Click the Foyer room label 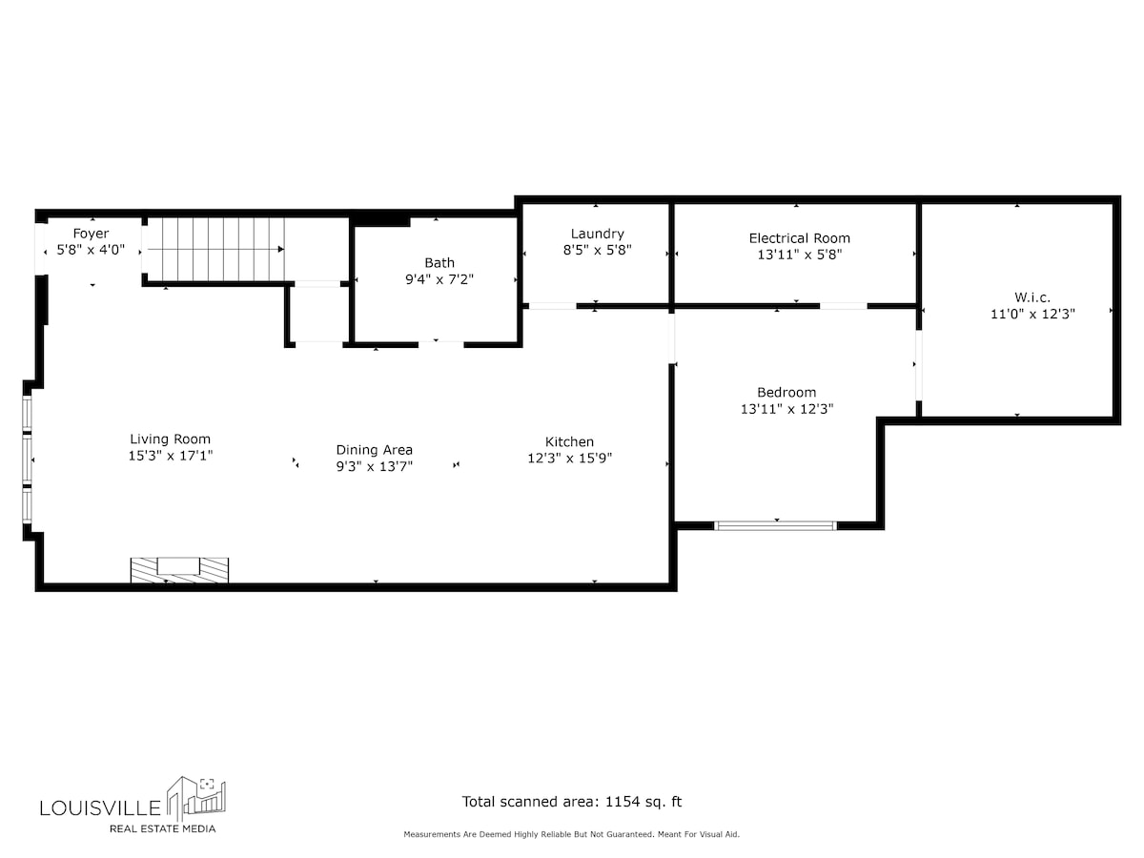point(91,234)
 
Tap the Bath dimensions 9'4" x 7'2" point(439,279)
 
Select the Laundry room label point(598,234)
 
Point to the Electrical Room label point(800,238)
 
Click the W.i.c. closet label point(1032,297)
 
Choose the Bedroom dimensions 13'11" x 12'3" point(787,409)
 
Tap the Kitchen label point(569,441)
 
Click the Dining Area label point(375,450)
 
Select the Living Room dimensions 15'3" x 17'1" point(171,456)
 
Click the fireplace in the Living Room point(179,570)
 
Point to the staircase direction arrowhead point(281,249)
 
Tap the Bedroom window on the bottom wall point(775,525)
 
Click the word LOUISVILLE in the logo point(100,808)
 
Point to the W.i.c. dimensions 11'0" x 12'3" point(1032,315)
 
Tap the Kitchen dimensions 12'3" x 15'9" point(570,459)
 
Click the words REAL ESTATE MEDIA point(163,828)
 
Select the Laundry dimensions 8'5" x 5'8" point(598,250)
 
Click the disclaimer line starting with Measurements point(571,834)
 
